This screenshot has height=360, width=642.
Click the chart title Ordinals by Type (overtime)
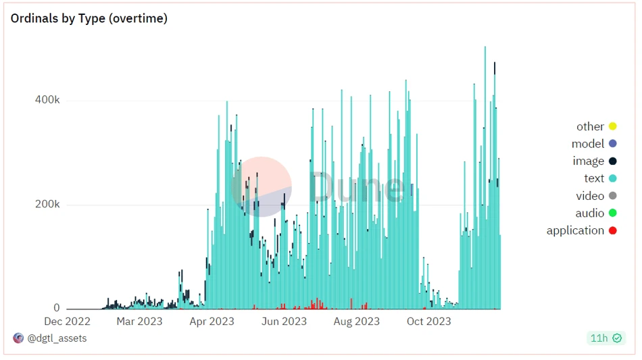tap(89, 19)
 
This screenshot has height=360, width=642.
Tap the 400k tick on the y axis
tap(47, 100)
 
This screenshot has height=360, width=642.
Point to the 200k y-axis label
tap(47, 204)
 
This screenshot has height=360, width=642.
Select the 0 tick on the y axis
tap(57, 308)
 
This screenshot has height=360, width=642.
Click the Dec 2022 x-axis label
tap(67, 322)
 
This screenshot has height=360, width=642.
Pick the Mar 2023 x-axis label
tap(139, 322)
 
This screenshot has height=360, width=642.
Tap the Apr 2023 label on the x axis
tap(212, 322)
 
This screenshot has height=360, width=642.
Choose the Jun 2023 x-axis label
tap(284, 322)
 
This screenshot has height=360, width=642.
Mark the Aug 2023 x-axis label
tap(356, 322)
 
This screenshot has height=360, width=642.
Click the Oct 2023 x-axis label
tap(428, 322)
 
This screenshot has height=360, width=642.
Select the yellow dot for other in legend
tap(613, 126)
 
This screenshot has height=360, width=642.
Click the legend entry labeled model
tap(587, 144)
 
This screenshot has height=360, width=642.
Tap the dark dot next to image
tap(613, 161)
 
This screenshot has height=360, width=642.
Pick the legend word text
tap(594, 178)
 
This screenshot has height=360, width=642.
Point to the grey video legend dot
tap(613, 196)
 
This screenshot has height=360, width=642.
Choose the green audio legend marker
tap(613, 213)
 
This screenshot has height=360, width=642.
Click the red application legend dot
tap(613, 231)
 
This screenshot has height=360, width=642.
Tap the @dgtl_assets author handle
tap(57, 338)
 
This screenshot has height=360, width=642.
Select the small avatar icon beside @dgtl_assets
tap(18, 338)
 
